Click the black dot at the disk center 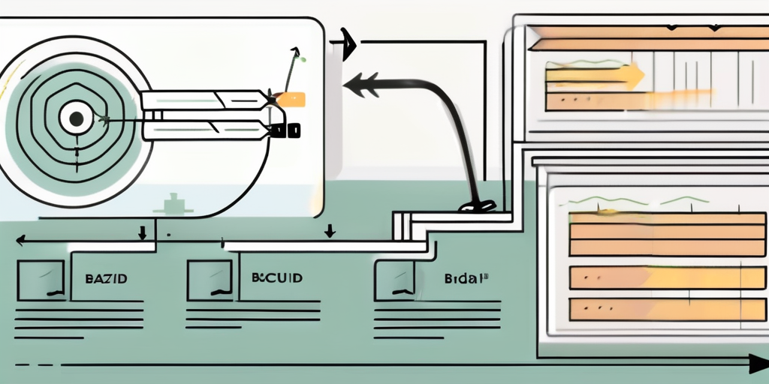76,117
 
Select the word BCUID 277,277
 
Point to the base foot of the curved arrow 477,205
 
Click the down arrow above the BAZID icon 142,232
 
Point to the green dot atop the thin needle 297,53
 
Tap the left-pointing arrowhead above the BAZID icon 20,241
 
